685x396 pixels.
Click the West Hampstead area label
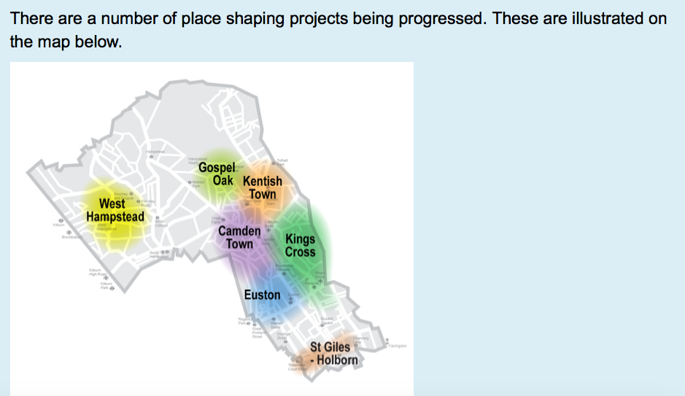(x=115, y=210)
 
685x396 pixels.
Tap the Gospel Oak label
(x=216, y=173)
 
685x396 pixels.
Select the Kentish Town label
(x=263, y=187)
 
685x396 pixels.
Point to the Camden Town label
(x=239, y=237)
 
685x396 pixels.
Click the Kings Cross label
(x=300, y=245)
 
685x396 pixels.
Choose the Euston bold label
(x=262, y=295)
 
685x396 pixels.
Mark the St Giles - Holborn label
(x=333, y=354)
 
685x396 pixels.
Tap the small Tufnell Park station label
(x=282, y=162)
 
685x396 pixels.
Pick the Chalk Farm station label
(x=216, y=219)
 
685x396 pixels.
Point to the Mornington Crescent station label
(x=282, y=270)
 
